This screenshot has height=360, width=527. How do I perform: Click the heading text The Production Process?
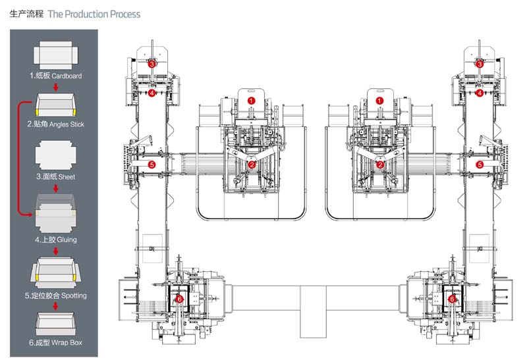[x=94, y=14]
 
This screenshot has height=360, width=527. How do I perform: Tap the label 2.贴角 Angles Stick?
[x=55, y=124]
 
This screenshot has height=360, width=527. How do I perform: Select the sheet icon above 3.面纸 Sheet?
[x=55, y=155]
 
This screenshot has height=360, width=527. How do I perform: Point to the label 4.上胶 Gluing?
[x=56, y=240]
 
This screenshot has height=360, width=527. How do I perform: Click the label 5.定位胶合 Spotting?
[x=55, y=296]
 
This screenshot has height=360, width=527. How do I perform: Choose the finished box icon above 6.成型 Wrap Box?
[x=55, y=323]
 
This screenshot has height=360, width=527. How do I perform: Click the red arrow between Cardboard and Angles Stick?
[x=56, y=88]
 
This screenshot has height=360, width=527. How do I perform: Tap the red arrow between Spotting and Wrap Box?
[x=56, y=306]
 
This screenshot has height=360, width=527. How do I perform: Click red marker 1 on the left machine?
[x=251, y=101]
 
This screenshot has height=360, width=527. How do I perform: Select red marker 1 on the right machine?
[x=380, y=101]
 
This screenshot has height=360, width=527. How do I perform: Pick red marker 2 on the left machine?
[x=252, y=165]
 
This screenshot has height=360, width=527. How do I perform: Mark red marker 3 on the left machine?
[x=152, y=64]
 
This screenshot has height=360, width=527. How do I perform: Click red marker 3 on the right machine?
[x=480, y=64]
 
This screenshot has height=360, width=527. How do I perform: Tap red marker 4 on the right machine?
[x=480, y=93]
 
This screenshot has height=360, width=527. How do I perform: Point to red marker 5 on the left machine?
[x=152, y=165]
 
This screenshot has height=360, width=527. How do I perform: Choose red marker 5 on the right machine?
[x=480, y=165]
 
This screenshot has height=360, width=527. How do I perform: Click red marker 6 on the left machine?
[x=179, y=299]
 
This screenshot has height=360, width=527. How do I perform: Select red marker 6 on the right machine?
[x=452, y=299]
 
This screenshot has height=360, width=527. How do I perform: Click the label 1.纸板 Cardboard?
[x=55, y=76]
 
